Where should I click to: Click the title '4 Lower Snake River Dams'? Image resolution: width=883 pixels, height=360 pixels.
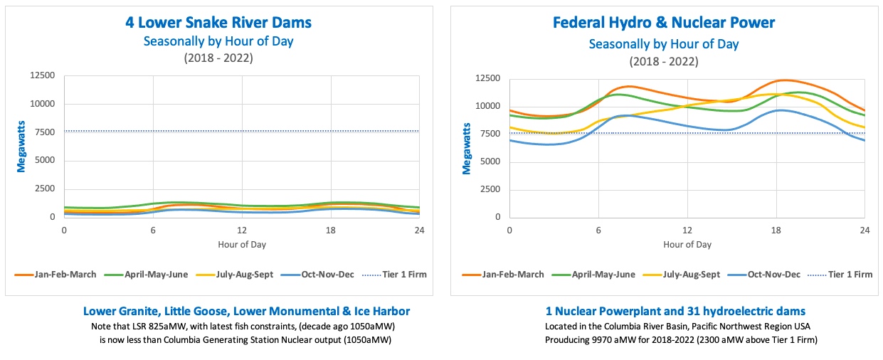218,22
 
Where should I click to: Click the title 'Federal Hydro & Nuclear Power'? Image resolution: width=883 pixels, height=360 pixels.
664,22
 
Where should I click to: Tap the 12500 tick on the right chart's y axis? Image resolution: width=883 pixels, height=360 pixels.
487,78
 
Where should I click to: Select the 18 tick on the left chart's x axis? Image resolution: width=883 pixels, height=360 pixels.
331,231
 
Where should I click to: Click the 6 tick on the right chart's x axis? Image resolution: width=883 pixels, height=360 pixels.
598,231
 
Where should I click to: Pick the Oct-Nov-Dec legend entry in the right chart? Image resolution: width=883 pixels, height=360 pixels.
768,274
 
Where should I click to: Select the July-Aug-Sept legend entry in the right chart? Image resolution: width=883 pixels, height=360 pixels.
684,274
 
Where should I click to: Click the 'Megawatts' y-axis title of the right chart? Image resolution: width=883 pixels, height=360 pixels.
467,148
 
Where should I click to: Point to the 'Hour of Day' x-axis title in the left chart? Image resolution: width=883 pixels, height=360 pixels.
242,244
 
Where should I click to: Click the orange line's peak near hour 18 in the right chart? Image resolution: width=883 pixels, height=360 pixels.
783,80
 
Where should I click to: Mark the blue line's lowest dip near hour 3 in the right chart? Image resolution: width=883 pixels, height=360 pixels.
549,144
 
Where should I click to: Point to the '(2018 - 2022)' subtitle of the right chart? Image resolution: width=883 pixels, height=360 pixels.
664,61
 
